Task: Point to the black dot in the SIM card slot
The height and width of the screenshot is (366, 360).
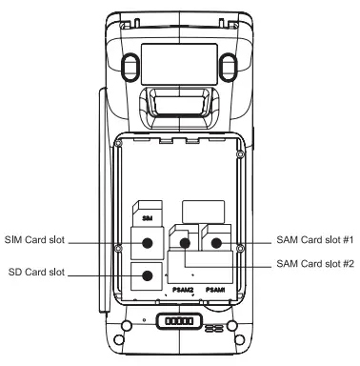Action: pyautogui.click(x=148, y=243)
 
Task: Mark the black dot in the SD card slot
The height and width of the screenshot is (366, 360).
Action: pyautogui.click(x=148, y=276)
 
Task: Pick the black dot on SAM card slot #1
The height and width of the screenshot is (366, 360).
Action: pyautogui.click(x=216, y=243)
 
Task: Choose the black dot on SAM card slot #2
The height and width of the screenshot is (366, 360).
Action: pyautogui.click(x=185, y=244)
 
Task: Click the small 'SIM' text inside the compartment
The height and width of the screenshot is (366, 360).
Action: pyautogui.click(x=148, y=218)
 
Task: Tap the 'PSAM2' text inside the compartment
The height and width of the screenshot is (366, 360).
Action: pyautogui.click(x=183, y=289)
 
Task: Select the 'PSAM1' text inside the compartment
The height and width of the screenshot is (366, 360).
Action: pyautogui.click(x=216, y=289)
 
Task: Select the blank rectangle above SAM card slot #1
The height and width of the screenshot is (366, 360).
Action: pyautogui.click(x=202, y=209)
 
